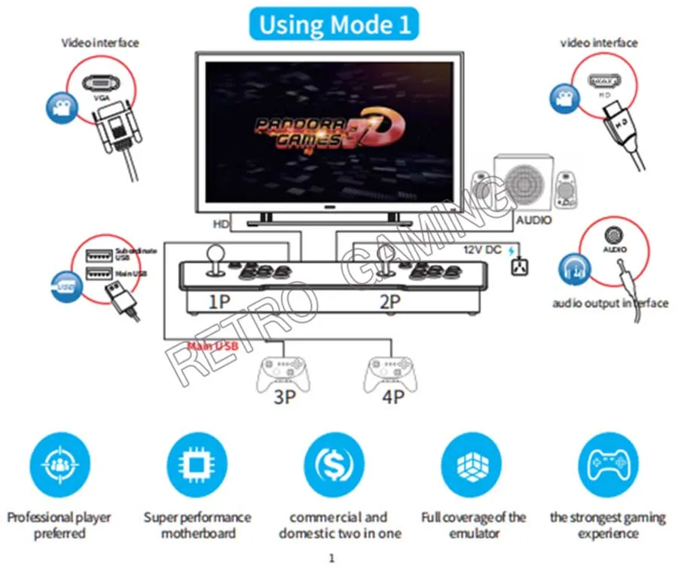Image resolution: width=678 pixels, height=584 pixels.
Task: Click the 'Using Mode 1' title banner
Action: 335,24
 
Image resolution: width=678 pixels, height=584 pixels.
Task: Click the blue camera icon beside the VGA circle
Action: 58,107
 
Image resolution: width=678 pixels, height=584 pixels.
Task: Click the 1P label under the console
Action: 218,303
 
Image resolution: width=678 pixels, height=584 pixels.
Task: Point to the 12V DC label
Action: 482,249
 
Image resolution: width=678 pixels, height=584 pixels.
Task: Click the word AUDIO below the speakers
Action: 533,220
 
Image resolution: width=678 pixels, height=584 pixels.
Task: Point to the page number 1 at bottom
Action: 331,558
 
